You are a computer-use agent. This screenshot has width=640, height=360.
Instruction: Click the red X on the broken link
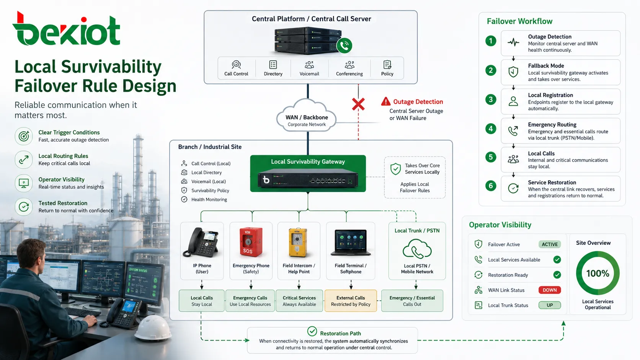358,104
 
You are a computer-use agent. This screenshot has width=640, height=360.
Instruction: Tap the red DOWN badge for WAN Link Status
549,290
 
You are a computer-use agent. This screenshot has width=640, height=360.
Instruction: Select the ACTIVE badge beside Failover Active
549,244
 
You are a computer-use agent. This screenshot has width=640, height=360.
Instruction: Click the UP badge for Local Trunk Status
549,305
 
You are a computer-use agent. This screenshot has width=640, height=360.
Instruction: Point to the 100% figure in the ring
598,274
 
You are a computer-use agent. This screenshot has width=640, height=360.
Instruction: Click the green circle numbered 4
491,129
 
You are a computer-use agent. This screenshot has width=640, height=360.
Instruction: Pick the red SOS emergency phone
251,243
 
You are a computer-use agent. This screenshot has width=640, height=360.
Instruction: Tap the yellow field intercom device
298,243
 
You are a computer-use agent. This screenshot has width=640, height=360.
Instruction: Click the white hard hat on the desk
153,328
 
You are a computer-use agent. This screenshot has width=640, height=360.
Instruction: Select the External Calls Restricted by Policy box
351,301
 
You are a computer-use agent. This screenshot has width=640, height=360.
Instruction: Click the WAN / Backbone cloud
307,116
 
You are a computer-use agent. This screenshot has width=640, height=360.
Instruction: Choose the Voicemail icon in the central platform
309,65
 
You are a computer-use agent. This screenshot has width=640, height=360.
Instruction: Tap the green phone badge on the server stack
344,46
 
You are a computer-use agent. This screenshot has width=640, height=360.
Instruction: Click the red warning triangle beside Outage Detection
386,101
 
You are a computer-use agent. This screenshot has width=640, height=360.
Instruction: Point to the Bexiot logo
66,29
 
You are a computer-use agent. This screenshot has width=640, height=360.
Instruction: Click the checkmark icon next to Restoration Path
312,331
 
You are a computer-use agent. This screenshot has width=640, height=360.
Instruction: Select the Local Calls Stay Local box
201,301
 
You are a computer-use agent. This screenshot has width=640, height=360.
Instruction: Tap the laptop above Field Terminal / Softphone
351,243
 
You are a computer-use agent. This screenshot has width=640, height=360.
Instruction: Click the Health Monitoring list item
204,200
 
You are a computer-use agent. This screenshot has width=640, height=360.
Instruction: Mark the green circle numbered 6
491,186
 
